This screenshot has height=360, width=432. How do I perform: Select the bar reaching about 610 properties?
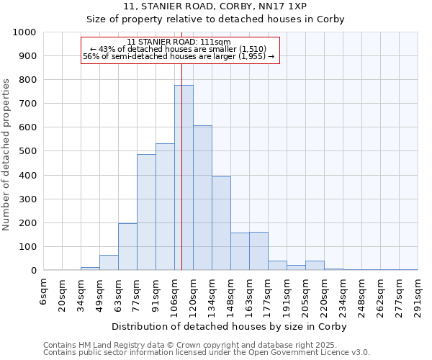[202, 198]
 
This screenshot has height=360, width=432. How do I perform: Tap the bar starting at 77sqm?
[146, 212]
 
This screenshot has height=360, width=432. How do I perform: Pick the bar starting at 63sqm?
[127, 247]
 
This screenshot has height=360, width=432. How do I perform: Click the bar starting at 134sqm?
[221, 223]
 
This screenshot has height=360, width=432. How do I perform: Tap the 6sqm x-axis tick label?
[44, 292]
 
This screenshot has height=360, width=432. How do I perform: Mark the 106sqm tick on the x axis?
[174, 295]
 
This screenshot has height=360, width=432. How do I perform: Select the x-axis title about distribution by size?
[230, 327]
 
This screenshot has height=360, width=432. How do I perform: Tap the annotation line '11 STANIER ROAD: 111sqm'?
[179, 42]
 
